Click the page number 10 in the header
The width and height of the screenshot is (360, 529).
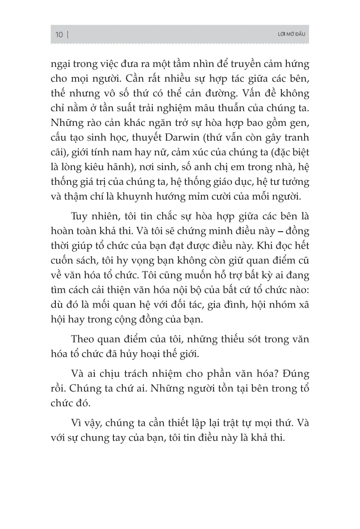(59, 35)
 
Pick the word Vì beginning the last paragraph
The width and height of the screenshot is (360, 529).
(77, 421)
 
